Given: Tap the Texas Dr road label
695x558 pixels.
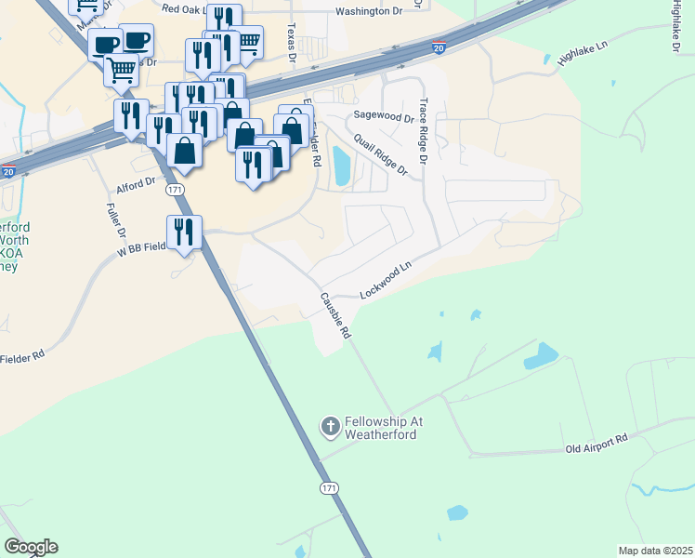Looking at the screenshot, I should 291,42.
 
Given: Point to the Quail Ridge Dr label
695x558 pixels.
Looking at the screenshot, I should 381,152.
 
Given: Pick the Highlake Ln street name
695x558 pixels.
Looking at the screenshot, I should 582,53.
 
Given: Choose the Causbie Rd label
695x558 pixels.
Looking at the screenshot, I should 335,315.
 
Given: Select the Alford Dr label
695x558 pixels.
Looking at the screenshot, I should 135,185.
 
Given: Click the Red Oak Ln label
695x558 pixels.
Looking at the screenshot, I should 182,8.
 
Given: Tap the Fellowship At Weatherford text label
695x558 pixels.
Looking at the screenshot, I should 384,428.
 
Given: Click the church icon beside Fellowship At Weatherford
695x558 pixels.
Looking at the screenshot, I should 330,427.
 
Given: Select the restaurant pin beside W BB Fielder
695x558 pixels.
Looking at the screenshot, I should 184,232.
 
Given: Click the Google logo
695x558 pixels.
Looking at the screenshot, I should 31,547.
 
